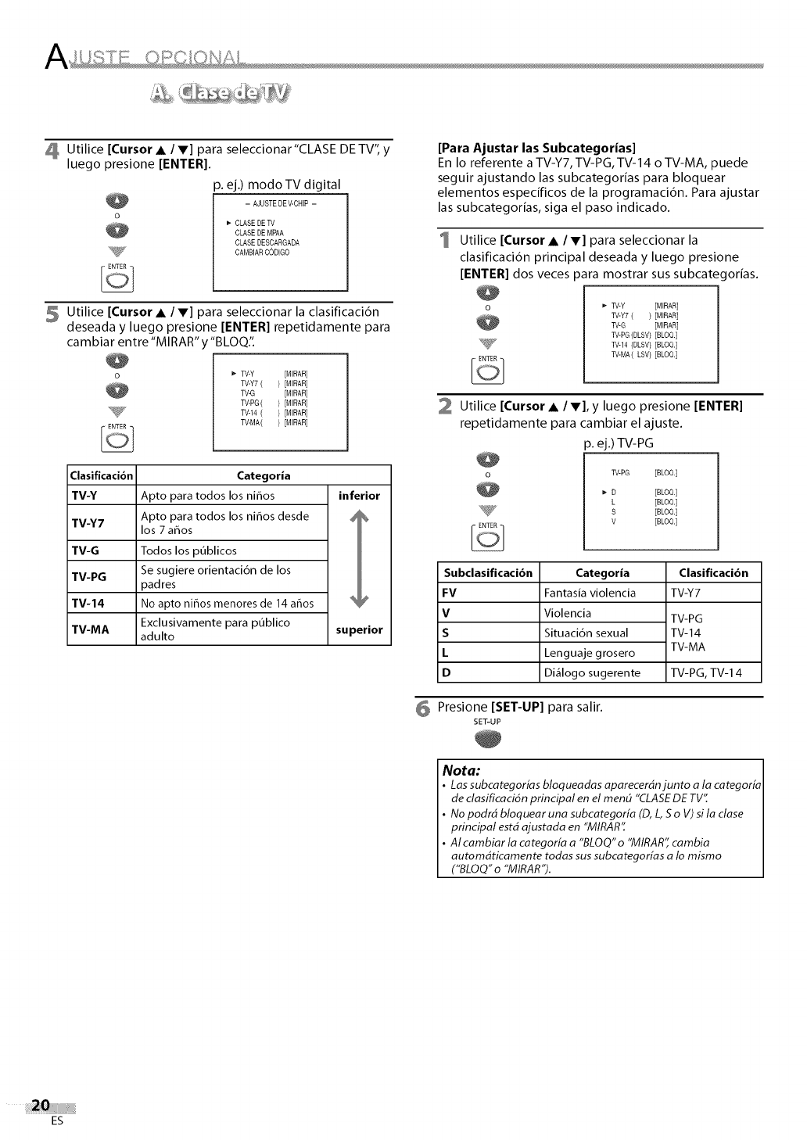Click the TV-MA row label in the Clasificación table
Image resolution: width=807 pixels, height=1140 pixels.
tap(91, 629)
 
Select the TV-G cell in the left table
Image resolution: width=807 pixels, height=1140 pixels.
tap(85, 550)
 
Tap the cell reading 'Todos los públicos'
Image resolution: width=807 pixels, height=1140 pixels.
tap(188, 550)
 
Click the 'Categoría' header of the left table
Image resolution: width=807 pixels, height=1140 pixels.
tap(264, 475)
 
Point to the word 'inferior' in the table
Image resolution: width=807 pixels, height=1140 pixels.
tap(359, 496)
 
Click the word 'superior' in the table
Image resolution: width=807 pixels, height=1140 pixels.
tap(359, 629)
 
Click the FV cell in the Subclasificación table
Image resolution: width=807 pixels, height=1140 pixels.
tap(449, 593)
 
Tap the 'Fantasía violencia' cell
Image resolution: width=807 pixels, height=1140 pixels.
tap(590, 593)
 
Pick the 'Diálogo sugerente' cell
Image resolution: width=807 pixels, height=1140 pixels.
tap(592, 672)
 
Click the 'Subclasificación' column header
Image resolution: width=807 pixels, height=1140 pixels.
tap(488, 572)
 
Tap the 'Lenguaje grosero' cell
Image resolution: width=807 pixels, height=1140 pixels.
tap(589, 653)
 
